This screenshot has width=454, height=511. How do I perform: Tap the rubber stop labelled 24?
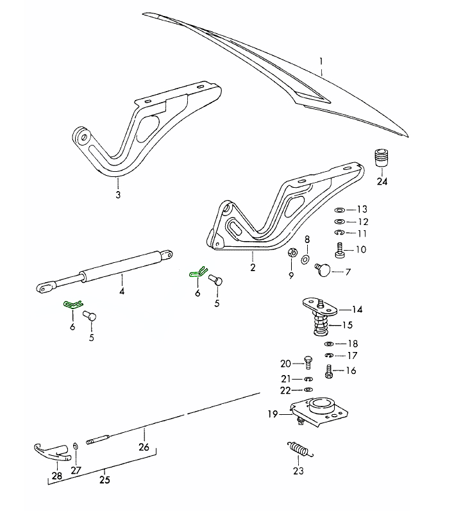pos(382,157)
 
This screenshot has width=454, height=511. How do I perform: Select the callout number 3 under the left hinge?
pos(117,195)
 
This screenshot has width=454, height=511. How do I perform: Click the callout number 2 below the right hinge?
pos(253,267)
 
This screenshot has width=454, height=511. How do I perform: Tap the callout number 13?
pos(362,209)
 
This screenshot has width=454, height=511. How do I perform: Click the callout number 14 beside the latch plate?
pos(357,309)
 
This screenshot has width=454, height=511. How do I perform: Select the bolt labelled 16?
pos(330,369)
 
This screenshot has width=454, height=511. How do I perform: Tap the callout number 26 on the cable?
pos(144,447)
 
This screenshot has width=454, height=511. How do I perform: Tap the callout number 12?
pos(362,221)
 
